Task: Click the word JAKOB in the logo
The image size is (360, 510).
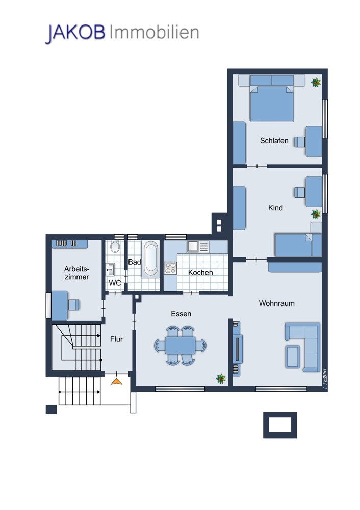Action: [75, 33]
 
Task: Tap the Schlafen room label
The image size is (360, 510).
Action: [274, 141]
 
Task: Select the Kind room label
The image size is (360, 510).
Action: [275, 208]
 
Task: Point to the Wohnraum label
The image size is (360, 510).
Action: [277, 303]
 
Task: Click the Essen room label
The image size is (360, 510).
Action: [181, 314]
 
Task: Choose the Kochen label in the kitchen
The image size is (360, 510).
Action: [200, 272]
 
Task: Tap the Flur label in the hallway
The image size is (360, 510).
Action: [116, 339]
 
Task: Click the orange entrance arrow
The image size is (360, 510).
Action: [116, 381]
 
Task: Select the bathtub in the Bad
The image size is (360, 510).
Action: [151, 259]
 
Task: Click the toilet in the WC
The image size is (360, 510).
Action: [115, 246]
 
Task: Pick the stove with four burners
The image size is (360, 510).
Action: [170, 268]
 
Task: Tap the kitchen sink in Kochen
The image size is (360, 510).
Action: [198, 247]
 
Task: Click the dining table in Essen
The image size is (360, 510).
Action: [180, 345]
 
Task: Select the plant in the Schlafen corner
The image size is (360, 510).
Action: [316, 82]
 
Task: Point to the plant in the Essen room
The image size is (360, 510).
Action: [221, 378]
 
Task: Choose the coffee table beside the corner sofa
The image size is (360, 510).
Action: [293, 357]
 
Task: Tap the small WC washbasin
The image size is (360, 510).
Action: [110, 270]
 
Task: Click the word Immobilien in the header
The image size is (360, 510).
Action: [155, 32]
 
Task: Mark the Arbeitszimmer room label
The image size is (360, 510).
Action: [76, 273]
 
